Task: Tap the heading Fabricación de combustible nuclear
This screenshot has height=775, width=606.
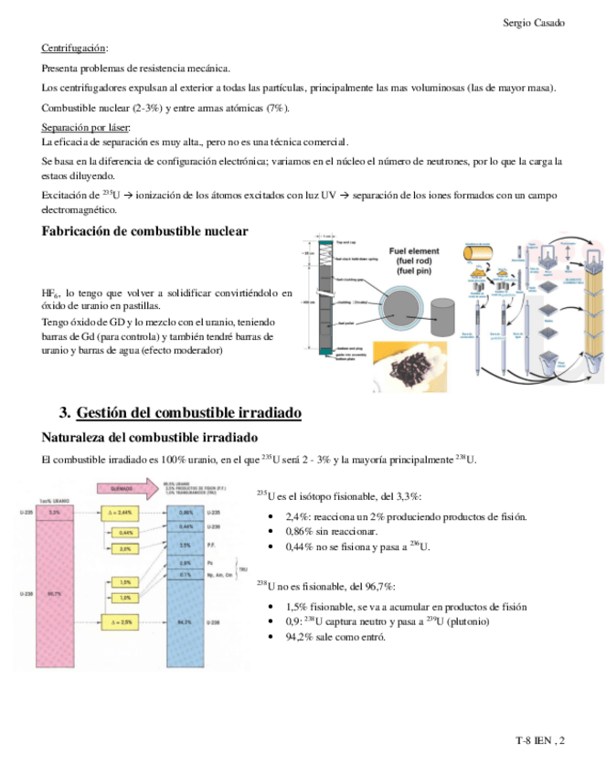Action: coord(144,231)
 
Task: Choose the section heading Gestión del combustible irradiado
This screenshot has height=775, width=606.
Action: coord(189,413)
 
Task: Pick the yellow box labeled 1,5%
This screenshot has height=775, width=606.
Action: coord(125,581)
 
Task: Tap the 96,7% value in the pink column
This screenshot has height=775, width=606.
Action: coord(55,594)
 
